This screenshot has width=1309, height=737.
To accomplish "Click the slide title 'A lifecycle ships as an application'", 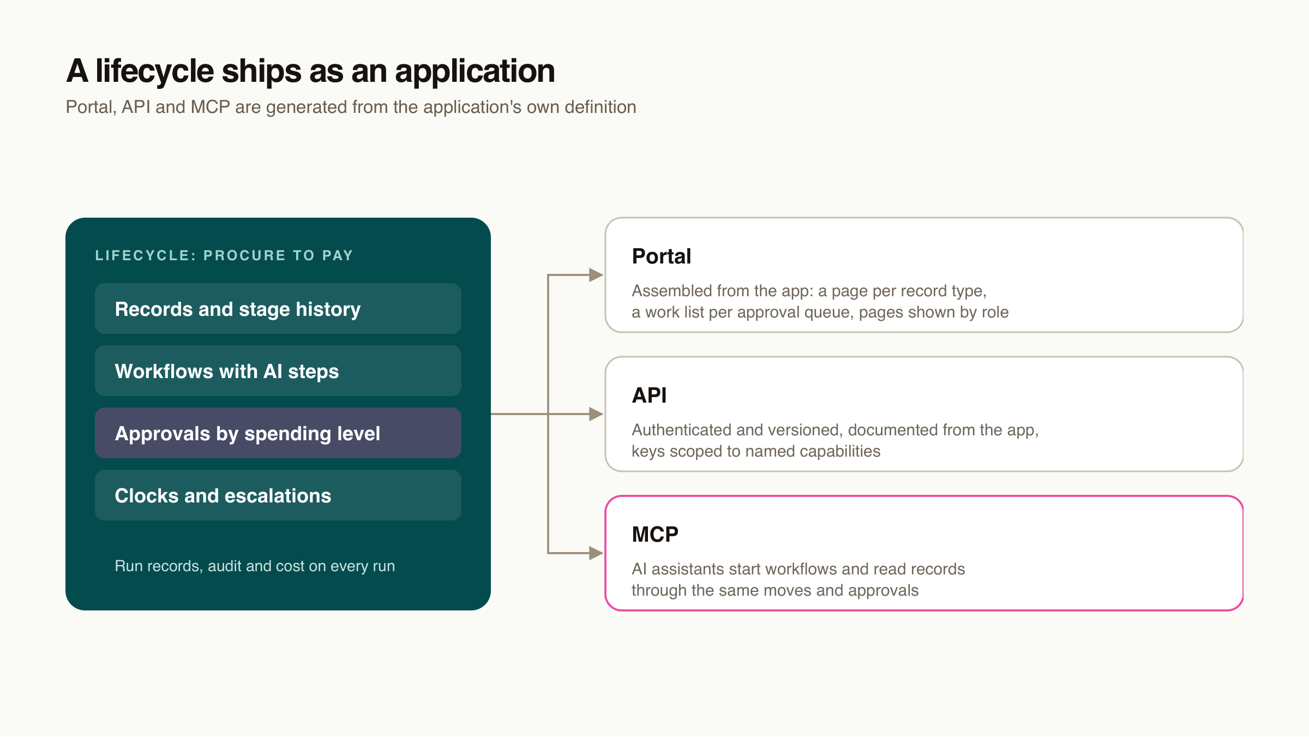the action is click(x=310, y=71).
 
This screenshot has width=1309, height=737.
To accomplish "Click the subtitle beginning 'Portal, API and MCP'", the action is click(x=351, y=107).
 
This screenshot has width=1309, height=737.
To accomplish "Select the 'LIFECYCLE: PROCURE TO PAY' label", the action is click(x=224, y=255).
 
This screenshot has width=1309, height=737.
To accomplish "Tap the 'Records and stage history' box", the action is click(x=278, y=309).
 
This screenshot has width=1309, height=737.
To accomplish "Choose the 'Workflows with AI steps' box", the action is click(x=278, y=371).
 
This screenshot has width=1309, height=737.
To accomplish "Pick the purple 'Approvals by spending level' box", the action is click(x=278, y=433).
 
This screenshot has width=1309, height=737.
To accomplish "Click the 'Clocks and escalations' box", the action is click(x=278, y=495).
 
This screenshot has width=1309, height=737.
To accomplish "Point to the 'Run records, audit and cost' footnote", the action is click(x=255, y=566).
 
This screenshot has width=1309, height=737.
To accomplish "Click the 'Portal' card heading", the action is click(x=662, y=256).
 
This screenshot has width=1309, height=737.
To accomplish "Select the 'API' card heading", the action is click(x=649, y=396).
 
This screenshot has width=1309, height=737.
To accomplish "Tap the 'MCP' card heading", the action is click(x=655, y=535).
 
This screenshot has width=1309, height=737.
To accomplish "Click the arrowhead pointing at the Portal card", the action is click(x=596, y=275).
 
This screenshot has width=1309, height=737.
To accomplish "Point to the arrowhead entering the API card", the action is click(x=596, y=414).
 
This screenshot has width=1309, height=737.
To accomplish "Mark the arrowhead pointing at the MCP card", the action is click(x=596, y=553).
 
